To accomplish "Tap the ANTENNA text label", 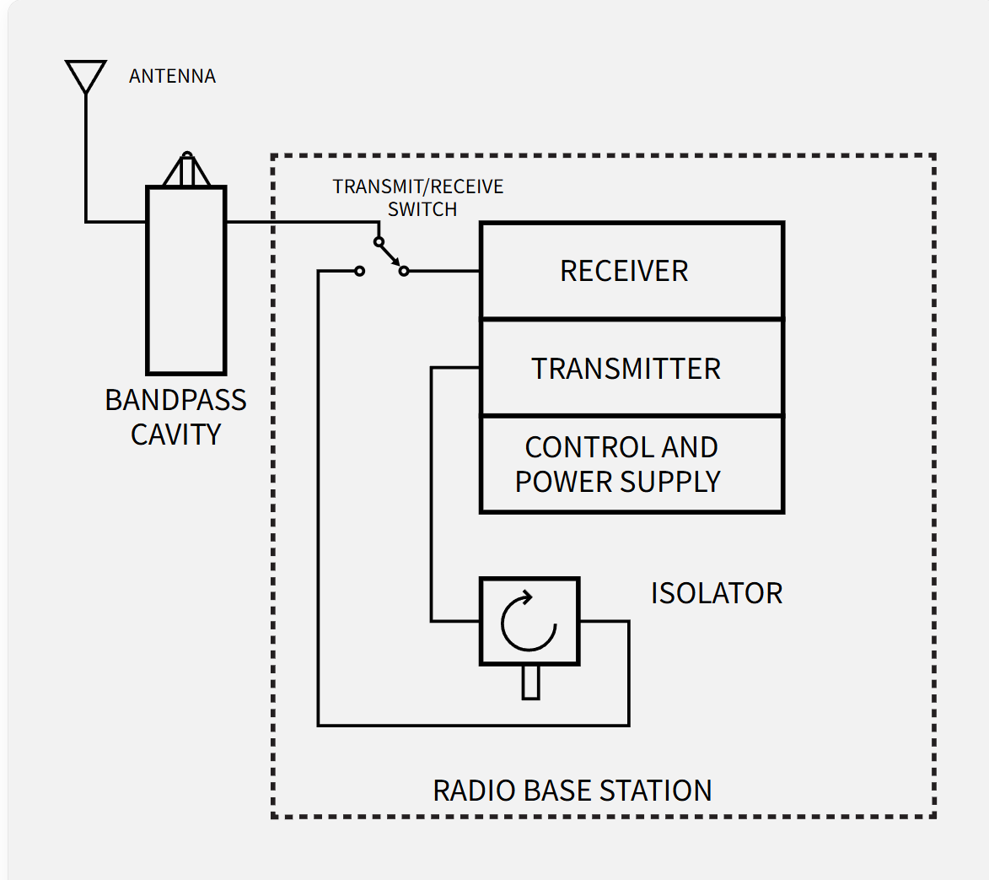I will click(172, 77).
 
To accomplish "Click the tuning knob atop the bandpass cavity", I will click(187, 170).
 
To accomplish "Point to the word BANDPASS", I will click(175, 400).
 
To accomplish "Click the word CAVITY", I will click(175, 435).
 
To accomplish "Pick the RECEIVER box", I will click(632, 271).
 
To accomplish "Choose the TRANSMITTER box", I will click(632, 369).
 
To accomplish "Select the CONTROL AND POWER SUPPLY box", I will click(632, 464).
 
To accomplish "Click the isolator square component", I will click(529, 622).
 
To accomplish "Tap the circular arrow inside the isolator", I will click(529, 623).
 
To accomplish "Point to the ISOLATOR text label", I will click(716, 593).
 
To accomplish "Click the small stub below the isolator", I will click(530, 682).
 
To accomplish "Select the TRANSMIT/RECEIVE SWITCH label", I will click(418, 197).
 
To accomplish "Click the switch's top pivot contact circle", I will click(379, 241).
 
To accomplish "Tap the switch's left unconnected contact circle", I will click(359, 271).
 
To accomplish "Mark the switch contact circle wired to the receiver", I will click(404, 271).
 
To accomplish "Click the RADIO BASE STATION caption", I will click(572, 791).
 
